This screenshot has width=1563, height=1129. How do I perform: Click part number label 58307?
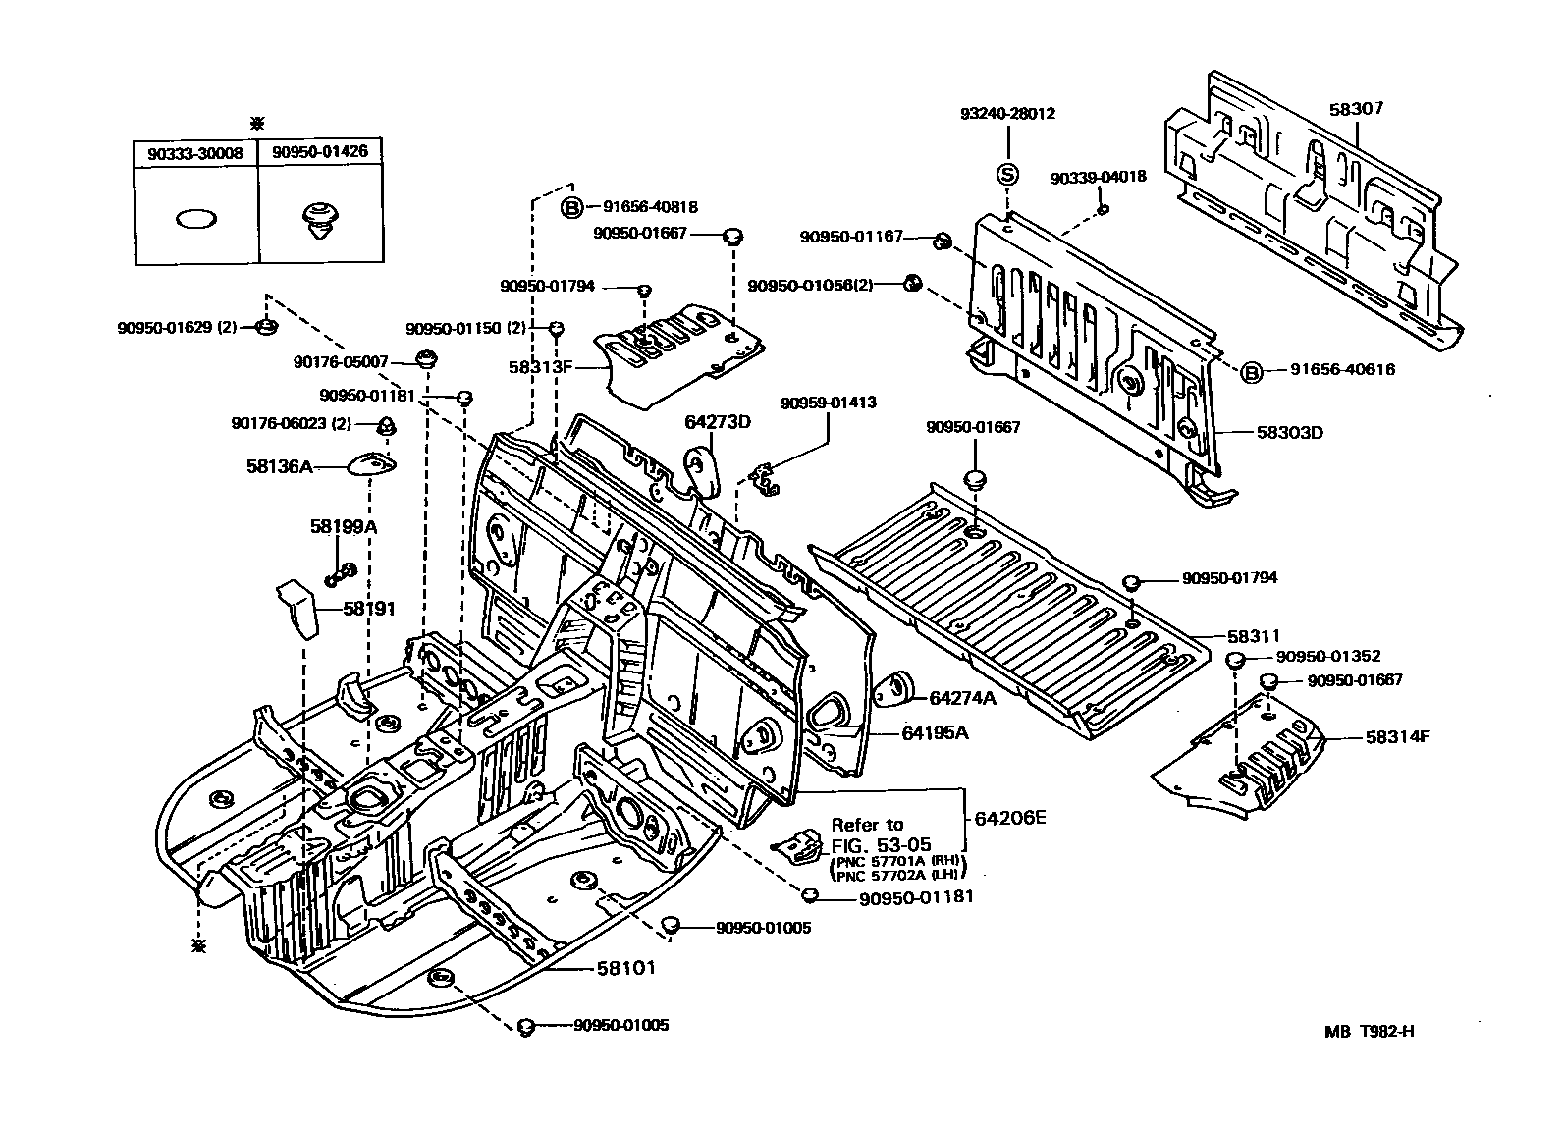pyautogui.click(x=1356, y=109)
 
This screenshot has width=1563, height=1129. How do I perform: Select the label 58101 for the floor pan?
pyautogui.click(x=625, y=967)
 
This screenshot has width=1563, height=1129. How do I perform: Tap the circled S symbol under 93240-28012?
pyautogui.click(x=1006, y=175)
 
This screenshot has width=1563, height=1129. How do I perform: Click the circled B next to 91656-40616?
pyautogui.click(x=1251, y=372)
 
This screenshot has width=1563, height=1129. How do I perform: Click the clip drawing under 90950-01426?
pyautogui.click(x=319, y=222)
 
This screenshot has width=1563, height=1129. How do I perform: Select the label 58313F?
pyautogui.click(x=539, y=367)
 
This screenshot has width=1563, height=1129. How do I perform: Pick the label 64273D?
pyautogui.click(x=717, y=422)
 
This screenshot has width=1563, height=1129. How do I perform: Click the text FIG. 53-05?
pyautogui.click(x=881, y=844)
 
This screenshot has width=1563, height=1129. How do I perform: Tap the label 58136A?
pyautogui.click(x=279, y=466)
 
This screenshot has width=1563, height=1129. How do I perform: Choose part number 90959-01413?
pyautogui.click(x=829, y=403)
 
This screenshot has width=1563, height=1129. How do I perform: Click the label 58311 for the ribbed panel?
pyautogui.click(x=1253, y=636)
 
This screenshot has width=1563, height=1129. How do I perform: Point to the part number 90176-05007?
pyautogui.click(x=341, y=361)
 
